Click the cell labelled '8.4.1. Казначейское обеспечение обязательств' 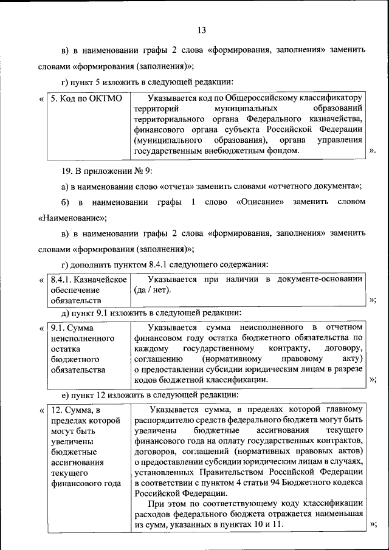tap(88, 289)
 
